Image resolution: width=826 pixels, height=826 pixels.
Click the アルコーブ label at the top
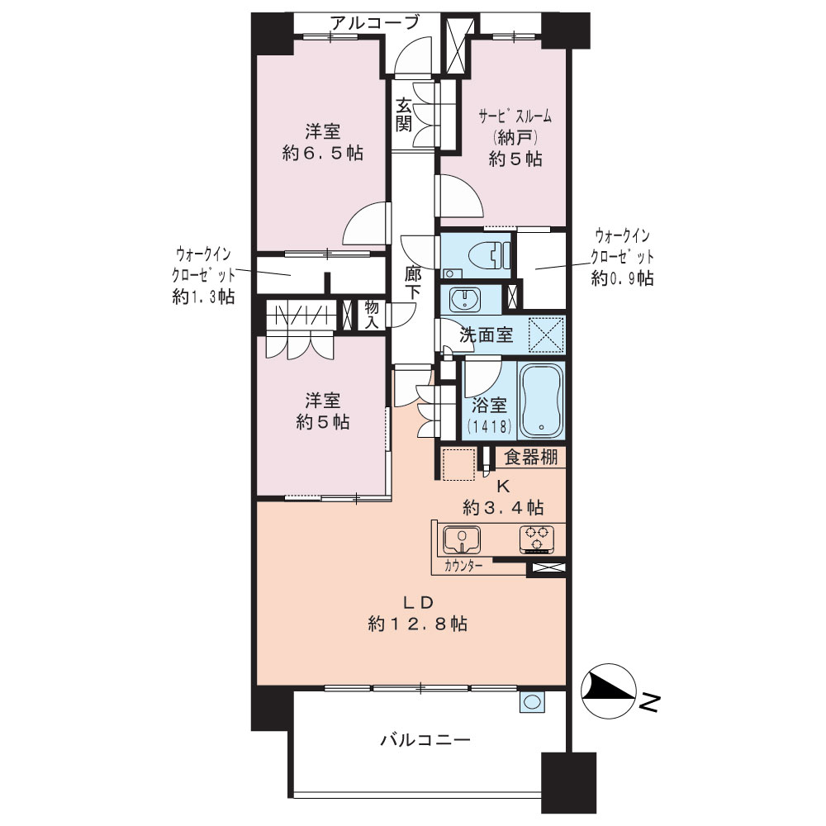(x=374, y=22)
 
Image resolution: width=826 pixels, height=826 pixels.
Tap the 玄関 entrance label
(x=404, y=115)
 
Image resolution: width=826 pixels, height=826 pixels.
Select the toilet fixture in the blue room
(x=493, y=255)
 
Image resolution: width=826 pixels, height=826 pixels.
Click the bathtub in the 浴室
(x=541, y=401)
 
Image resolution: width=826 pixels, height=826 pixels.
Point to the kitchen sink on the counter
(x=462, y=539)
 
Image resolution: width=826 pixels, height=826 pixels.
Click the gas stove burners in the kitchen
(x=536, y=539)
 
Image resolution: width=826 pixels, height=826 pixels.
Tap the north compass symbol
(x=608, y=691)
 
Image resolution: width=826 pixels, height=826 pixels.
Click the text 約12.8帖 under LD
(x=418, y=624)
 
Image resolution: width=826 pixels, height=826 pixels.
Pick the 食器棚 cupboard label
(x=530, y=458)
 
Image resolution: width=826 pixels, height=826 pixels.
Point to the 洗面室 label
(x=487, y=335)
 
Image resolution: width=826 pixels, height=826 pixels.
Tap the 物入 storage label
(x=372, y=315)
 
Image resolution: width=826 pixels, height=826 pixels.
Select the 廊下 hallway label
(x=412, y=283)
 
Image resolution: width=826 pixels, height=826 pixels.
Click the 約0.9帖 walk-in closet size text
(x=623, y=278)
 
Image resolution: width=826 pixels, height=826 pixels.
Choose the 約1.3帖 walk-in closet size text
(x=203, y=297)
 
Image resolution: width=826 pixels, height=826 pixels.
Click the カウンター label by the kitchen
(x=463, y=567)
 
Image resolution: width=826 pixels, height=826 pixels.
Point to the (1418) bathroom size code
(x=489, y=425)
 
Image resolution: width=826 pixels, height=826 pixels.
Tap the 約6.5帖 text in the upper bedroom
(x=323, y=154)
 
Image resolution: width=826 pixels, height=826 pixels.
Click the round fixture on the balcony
(x=533, y=701)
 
